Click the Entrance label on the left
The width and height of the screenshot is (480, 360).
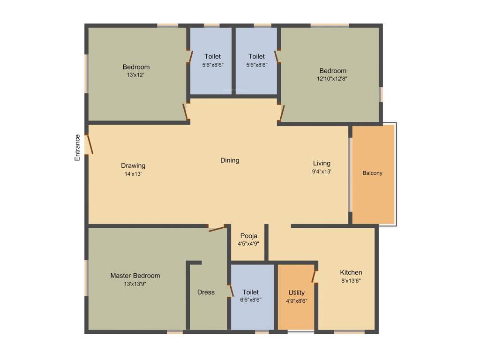click(77, 148)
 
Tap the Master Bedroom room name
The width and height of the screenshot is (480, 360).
click(135, 276)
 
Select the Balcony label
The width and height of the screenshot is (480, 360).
click(372, 173)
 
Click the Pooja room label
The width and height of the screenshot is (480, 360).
click(248, 236)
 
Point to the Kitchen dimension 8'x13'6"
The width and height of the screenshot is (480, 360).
click(351, 281)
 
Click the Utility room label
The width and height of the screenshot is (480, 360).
click(296, 293)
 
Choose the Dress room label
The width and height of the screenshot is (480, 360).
click(206, 292)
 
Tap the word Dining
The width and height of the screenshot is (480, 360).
click(230, 160)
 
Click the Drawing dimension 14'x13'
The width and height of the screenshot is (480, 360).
click(133, 174)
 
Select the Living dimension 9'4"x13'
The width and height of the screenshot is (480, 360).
click(322, 172)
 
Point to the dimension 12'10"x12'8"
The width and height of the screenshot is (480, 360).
click(332, 79)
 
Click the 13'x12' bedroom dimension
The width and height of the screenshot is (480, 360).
click(136, 75)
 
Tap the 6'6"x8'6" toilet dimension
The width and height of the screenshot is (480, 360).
click(250, 300)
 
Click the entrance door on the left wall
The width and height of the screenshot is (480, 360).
click(90, 144)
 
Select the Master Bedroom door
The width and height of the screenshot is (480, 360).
click(217, 229)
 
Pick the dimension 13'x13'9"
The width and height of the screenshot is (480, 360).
click(135, 284)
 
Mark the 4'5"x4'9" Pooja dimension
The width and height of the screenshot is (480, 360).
click(248, 244)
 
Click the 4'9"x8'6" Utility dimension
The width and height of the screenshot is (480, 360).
click(296, 301)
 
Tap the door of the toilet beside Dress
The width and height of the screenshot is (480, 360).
click(230, 290)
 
